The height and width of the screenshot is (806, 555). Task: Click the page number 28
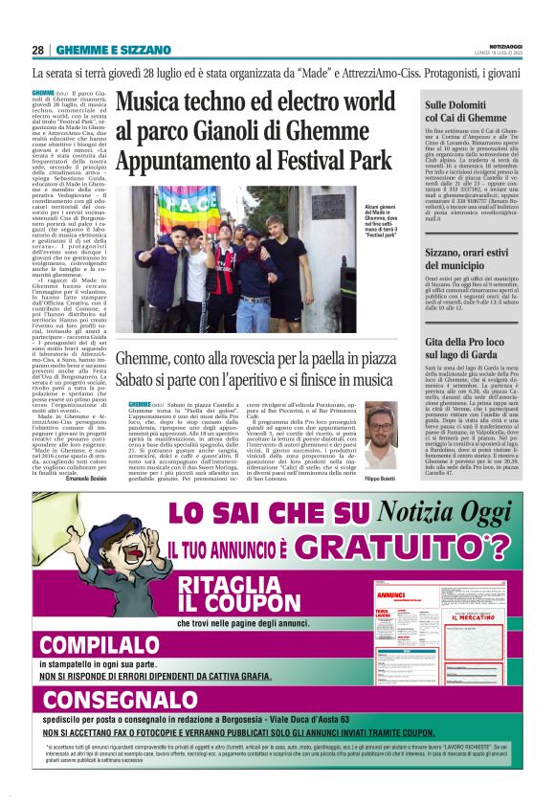coord(37,50)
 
